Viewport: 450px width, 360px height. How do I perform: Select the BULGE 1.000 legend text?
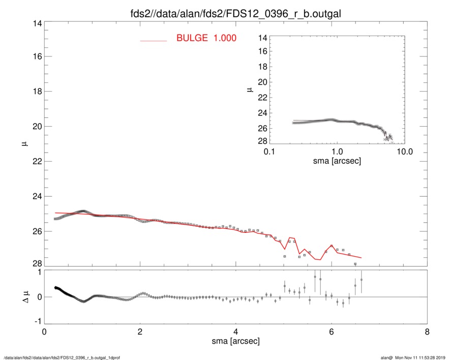[206, 38]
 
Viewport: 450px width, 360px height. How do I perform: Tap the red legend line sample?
[153, 40]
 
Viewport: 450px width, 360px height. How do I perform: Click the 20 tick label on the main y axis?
[36, 127]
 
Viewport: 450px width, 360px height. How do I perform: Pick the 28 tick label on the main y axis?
[36, 263]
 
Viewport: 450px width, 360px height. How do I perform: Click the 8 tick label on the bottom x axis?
[427, 332]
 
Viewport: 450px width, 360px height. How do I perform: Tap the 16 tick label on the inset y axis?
[262, 52]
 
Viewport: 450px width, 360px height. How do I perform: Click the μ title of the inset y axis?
[249, 90]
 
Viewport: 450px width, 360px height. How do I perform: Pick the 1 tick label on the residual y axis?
[38, 272]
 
